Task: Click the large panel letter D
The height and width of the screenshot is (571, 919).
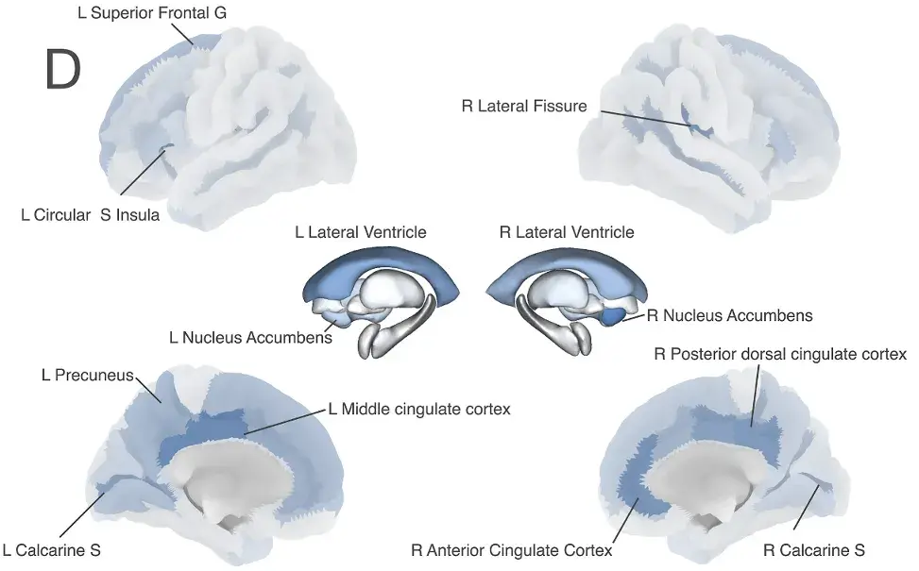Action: pos(62,69)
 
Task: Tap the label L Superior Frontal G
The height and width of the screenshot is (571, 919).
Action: pos(152,13)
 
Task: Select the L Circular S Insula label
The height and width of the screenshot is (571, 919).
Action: pos(91,215)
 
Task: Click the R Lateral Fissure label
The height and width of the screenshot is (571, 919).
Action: pos(524,106)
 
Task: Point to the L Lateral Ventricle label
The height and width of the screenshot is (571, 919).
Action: pos(361,232)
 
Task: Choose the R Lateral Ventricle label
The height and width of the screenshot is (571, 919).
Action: pos(567,232)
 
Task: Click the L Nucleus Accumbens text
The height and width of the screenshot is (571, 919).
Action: pos(251,337)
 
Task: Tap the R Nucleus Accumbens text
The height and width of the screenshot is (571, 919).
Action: pos(730,315)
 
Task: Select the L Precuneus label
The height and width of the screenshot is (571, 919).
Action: pos(87,375)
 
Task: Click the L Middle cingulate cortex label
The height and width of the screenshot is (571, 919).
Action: pos(419,409)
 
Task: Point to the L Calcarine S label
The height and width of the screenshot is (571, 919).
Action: pos(52,550)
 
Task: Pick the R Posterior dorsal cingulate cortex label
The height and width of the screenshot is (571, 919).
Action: pos(780,354)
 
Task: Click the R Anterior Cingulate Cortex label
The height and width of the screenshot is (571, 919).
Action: pos(512,550)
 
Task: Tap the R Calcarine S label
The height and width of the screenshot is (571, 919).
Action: pos(814,550)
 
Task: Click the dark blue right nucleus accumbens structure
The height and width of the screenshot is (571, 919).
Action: pos(612,316)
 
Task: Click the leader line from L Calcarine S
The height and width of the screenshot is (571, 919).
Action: pos(82,514)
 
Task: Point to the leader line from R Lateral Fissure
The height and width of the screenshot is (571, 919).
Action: pos(646,118)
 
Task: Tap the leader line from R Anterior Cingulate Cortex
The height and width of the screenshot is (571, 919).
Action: pos(626,519)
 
